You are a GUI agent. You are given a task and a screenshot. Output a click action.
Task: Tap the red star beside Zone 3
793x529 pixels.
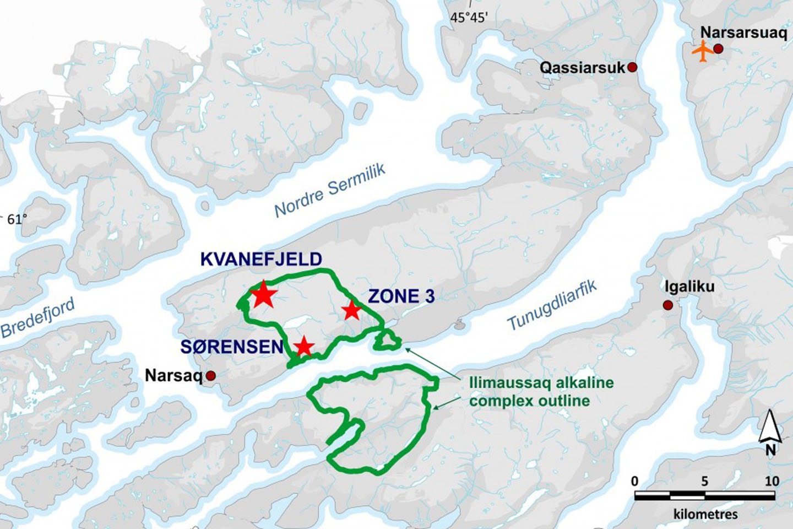click(352, 310)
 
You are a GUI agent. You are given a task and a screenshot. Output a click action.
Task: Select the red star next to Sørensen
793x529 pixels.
click(303, 347)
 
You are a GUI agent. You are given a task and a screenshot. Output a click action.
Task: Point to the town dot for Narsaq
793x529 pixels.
click(210, 376)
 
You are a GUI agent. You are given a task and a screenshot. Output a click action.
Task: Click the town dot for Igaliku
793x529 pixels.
click(668, 305)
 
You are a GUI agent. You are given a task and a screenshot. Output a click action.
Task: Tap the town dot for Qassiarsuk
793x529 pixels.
click(632, 67)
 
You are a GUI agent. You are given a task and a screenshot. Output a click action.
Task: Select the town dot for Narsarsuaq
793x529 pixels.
click(718, 49)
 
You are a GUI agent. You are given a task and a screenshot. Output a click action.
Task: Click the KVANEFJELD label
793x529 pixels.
click(261, 259)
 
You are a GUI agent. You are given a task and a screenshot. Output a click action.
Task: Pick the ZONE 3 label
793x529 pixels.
click(401, 296)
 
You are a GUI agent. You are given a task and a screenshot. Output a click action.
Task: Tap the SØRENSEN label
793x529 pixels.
click(232, 347)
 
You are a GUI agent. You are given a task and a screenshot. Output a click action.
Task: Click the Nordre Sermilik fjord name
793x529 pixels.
click(330, 191)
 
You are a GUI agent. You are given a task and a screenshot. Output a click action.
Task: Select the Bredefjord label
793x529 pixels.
click(37, 320)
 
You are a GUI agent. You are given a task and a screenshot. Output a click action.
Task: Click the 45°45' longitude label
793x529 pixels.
click(469, 18)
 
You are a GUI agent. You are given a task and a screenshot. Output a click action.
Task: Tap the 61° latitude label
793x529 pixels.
click(17, 219)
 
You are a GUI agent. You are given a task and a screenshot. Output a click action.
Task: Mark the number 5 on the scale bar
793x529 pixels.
click(704, 481)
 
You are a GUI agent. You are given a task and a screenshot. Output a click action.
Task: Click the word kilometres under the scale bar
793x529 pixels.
click(705, 514)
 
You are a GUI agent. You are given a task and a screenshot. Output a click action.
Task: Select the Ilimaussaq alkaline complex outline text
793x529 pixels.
click(541, 392)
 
